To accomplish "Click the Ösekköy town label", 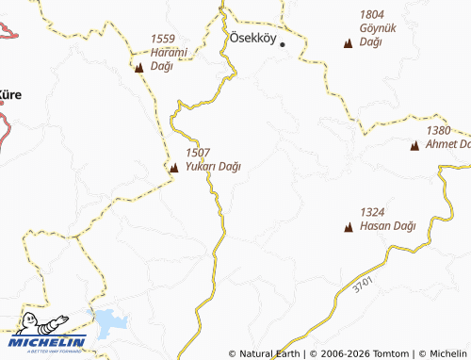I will click(x=252, y=39).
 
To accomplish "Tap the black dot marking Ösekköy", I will click(x=282, y=44).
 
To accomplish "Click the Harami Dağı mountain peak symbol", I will click(x=139, y=68).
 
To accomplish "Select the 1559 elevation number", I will click(x=163, y=39).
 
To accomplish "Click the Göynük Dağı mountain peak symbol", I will click(x=349, y=43).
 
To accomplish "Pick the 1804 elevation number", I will click(x=372, y=15).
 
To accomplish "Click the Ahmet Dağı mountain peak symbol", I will click(x=414, y=146).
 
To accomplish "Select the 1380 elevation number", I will click(x=439, y=130).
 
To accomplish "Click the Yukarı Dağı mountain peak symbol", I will click(x=173, y=169).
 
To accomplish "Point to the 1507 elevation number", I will click(x=198, y=152).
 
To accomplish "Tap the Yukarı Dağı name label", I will click(x=213, y=167).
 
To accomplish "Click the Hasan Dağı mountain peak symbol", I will click(x=349, y=227).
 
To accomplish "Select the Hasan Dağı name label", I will click(x=387, y=226).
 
